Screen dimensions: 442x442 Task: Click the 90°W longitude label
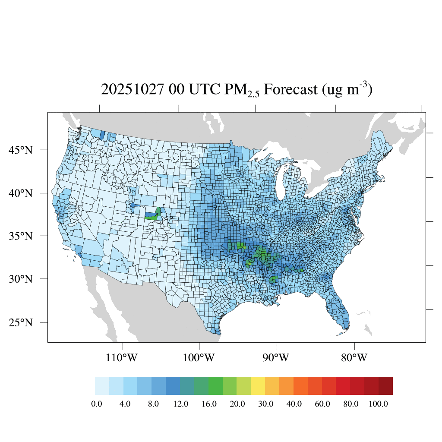pos(276,358)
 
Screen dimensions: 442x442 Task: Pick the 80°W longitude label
pos(354,358)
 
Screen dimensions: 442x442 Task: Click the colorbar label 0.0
pos(97,404)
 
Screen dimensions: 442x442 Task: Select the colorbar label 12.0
pos(181,404)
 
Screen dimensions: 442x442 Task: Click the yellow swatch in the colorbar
pos(258,386)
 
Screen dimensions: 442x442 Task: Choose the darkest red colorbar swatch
pos(385,386)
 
